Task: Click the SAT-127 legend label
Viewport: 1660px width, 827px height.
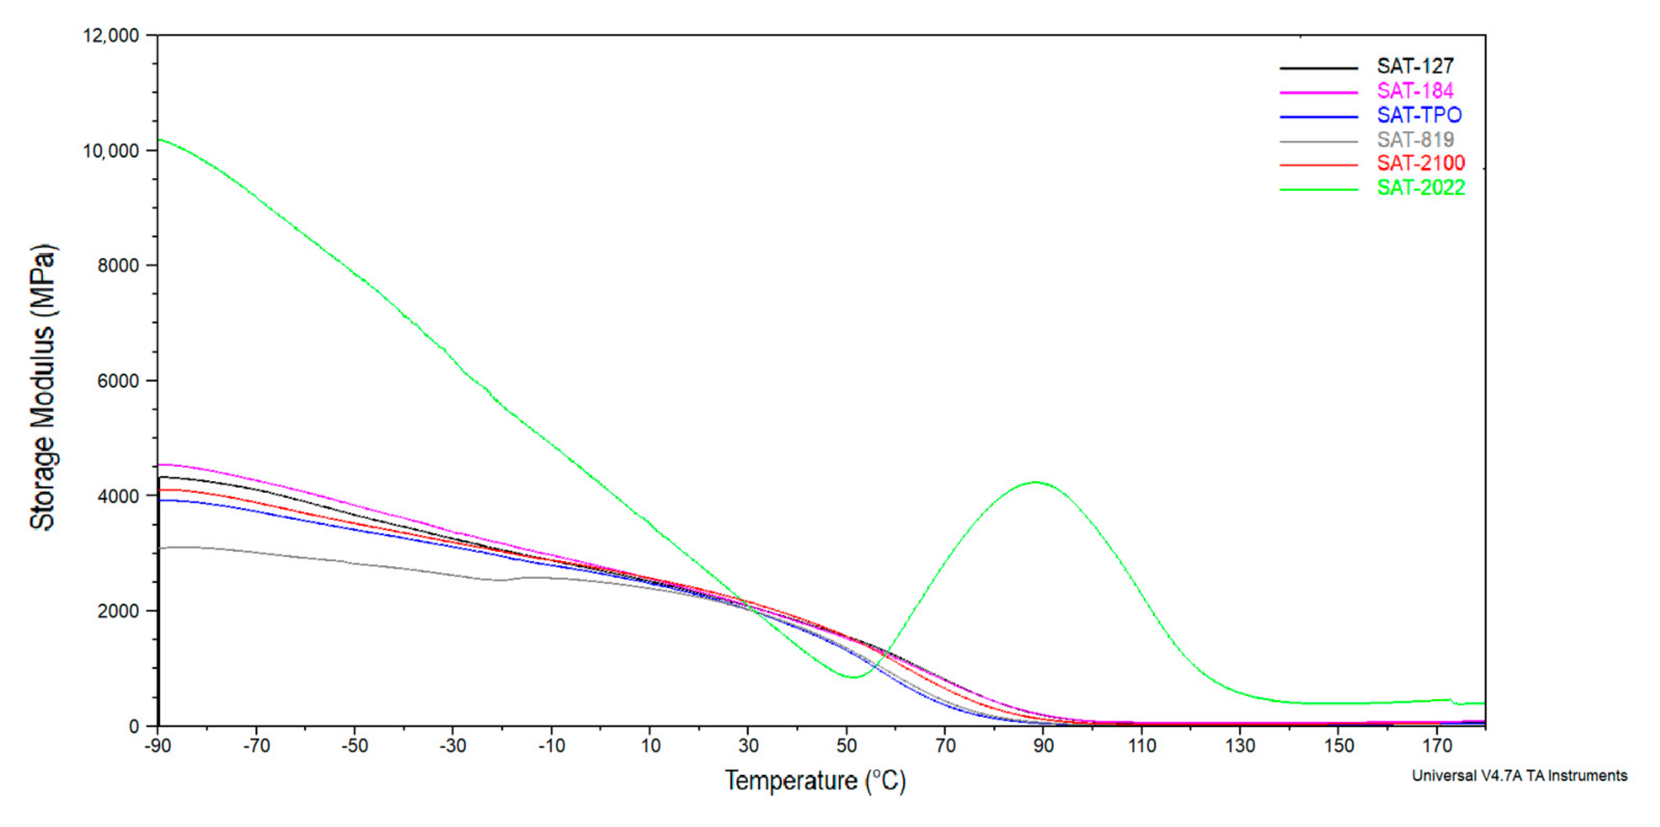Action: point(1415,67)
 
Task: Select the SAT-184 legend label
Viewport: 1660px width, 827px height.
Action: point(1415,91)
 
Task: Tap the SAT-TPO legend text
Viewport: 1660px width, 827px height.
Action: point(1419,115)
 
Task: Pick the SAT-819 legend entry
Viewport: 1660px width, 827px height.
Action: point(1415,140)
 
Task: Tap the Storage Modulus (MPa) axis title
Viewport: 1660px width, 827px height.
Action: point(43,386)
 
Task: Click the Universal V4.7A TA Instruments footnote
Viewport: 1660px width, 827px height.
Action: point(1519,776)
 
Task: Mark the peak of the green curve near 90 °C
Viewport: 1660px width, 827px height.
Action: point(1036,482)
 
